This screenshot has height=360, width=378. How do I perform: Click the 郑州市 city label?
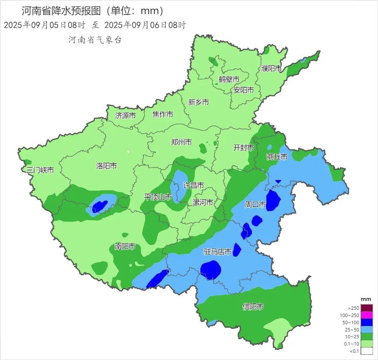point(181,142)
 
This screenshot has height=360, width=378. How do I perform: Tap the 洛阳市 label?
point(106,166)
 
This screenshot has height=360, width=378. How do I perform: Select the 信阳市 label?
point(253,307)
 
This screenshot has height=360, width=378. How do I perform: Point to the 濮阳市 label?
point(271,68)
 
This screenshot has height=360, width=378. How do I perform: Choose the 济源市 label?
point(125,116)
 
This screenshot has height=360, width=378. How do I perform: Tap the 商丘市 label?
point(277,156)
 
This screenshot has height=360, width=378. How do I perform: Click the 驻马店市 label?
point(218,252)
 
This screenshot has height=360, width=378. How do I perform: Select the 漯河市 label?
point(203,202)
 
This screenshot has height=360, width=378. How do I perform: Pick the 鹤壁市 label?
point(229,80)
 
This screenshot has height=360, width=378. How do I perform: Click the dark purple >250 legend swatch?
point(366,308)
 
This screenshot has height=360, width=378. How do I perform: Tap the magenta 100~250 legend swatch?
point(366,315)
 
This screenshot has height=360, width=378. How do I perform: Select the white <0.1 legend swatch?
point(366,351)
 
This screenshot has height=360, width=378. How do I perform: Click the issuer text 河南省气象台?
point(95,40)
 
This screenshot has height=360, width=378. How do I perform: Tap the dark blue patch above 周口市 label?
point(273,200)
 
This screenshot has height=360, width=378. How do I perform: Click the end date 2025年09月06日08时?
point(145,25)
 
